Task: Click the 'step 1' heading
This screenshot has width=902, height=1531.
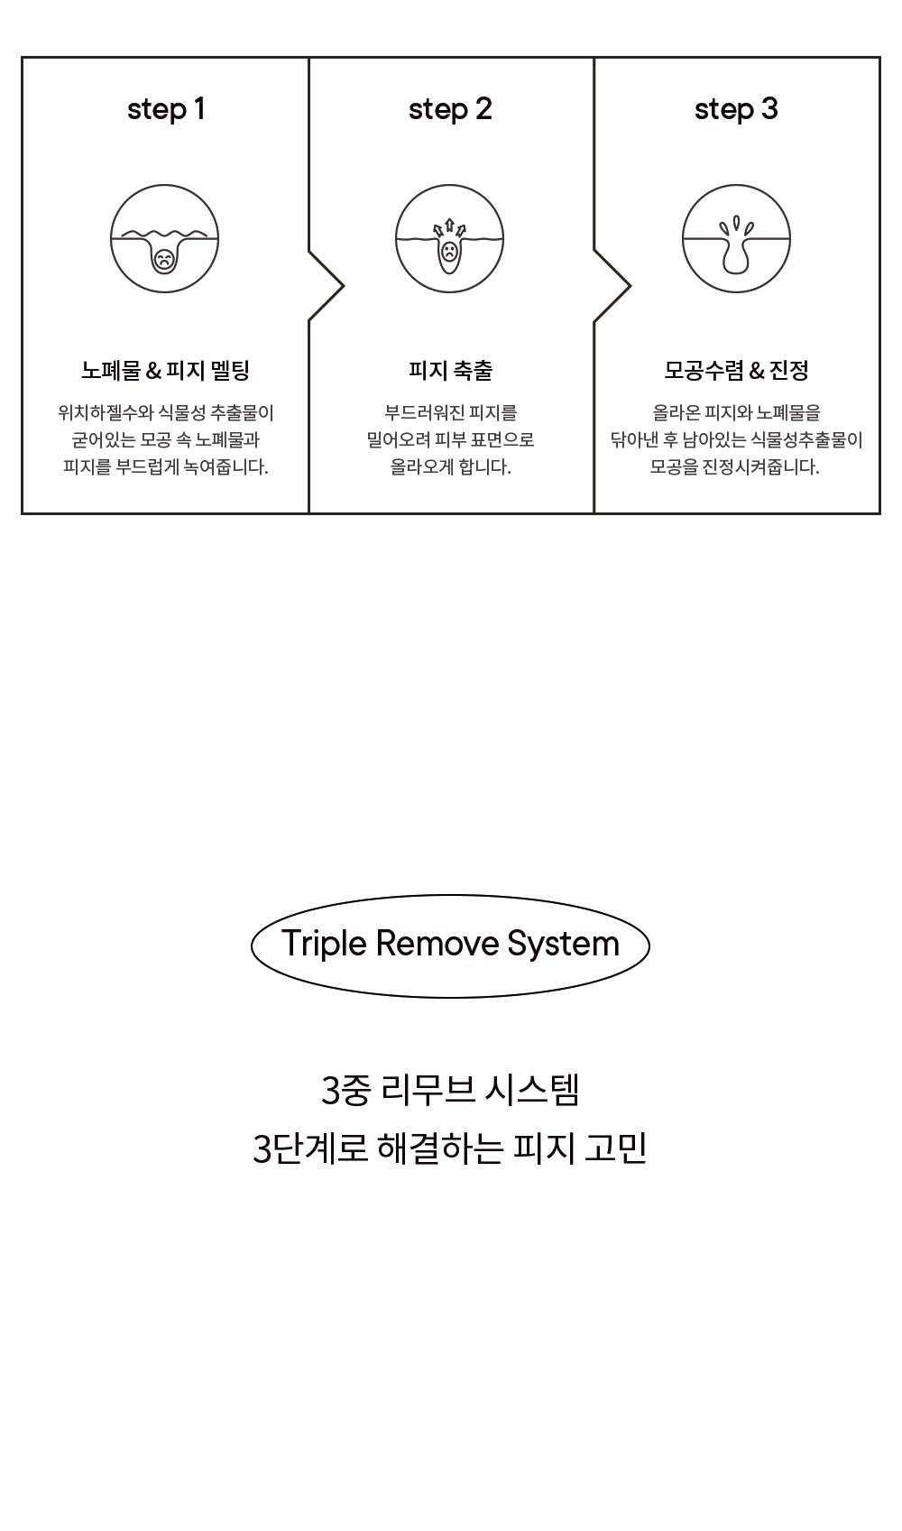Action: click(166, 109)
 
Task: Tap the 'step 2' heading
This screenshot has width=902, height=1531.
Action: click(450, 109)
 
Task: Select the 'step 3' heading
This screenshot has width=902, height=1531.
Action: click(736, 109)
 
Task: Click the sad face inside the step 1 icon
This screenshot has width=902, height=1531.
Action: click(164, 260)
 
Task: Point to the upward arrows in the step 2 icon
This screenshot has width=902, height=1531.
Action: click(449, 227)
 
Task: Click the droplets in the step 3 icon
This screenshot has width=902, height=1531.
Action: click(735, 226)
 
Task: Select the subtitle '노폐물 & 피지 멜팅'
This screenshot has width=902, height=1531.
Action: click(165, 371)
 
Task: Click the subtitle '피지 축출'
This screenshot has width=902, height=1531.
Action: click(450, 371)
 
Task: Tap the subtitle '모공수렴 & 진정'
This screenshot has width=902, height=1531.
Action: click(736, 371)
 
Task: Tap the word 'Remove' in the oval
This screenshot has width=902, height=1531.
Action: click(437, 944)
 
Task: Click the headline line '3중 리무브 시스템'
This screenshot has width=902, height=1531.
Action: click(450, 1090)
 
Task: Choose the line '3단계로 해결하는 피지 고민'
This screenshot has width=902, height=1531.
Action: click(449, 1148)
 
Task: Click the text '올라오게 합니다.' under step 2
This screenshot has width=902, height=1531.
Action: click(450, 466)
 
